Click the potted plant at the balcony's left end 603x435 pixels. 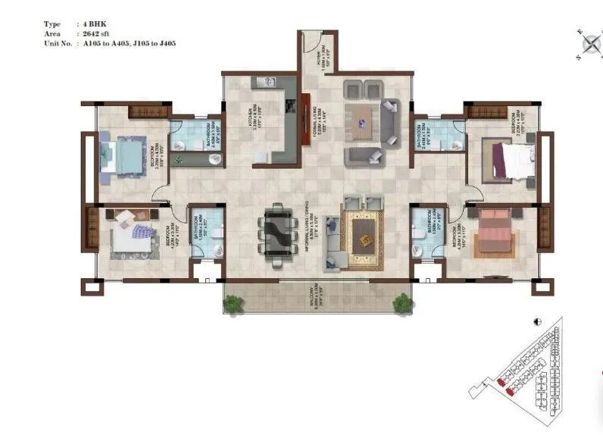coord(232,304)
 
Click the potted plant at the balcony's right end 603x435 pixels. coord(400,303)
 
